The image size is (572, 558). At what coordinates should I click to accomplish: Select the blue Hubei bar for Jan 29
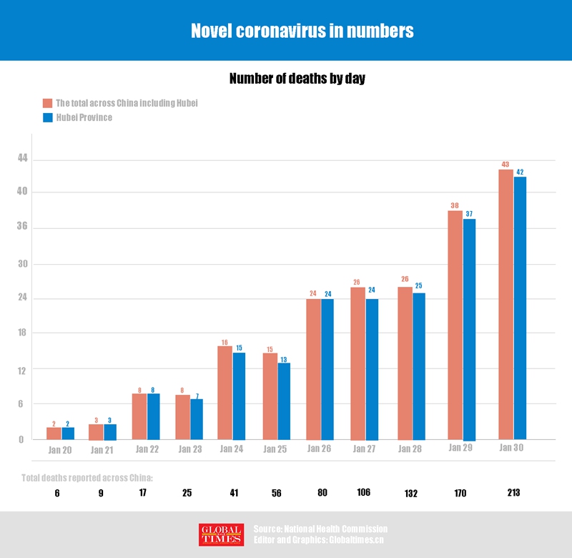pos(469,329)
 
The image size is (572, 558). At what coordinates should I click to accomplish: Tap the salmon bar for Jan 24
pos(225,393)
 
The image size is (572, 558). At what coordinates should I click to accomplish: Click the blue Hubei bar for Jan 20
pos(68,434)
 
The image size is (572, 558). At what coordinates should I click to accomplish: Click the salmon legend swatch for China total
pos(48,103)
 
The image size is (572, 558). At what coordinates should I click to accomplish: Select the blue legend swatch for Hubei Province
pos(48,117)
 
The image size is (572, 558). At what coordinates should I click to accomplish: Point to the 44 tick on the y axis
pos(21,158)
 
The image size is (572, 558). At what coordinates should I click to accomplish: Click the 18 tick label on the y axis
pos(21,333)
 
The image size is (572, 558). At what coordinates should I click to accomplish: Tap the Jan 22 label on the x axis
pos(146,450)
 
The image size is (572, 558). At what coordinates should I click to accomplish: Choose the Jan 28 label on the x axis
pos(410,449)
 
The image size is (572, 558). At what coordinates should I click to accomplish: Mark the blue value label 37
pos(470,214)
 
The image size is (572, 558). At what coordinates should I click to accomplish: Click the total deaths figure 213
pos(513,493)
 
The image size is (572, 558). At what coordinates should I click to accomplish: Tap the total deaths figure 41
pos(233,493)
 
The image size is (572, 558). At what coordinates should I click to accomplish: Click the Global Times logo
pos(221,534)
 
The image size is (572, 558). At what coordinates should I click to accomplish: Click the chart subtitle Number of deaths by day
pos(297,79)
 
